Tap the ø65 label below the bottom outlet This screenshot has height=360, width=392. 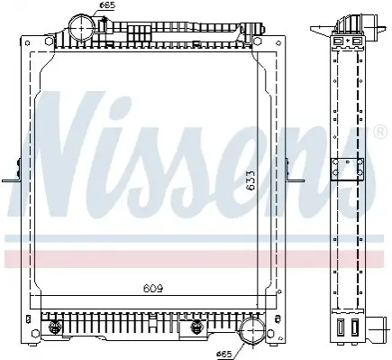coord(224,355)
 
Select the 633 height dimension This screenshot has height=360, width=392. coord(251,180)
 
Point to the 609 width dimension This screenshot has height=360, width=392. coord(153,289)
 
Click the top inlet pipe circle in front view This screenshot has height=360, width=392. coord(82,27)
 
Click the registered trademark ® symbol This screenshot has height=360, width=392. coord(380,132)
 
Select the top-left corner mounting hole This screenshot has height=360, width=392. coord(27,42)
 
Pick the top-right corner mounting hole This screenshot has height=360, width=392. coord(278,42)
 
